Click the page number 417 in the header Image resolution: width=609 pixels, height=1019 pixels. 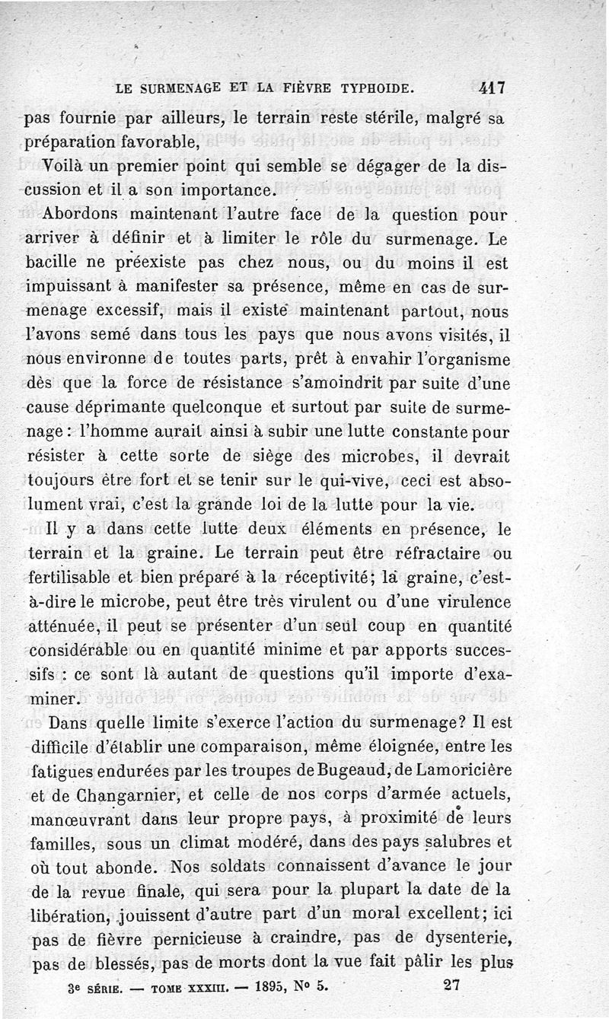493,88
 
